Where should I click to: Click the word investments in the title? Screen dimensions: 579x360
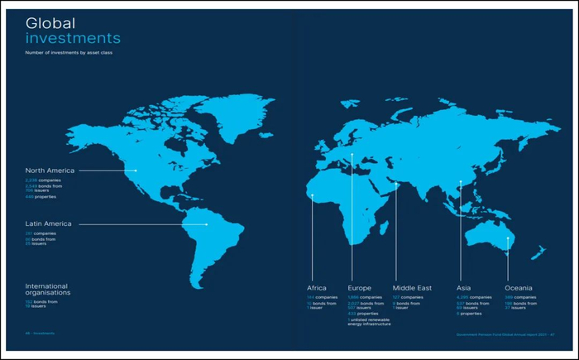point(73,38)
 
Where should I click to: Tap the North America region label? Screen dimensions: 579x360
point(50,170)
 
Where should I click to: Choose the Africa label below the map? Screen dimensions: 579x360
point(317,288)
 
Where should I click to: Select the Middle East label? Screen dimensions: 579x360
point(412,288)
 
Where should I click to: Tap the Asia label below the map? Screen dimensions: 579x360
point(464,288)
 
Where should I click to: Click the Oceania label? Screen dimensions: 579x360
point(519,288)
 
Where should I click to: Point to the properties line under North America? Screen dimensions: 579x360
point(41,197)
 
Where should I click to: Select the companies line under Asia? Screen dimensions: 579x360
point(475,297)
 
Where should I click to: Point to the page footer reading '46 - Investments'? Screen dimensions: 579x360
point(40,334)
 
